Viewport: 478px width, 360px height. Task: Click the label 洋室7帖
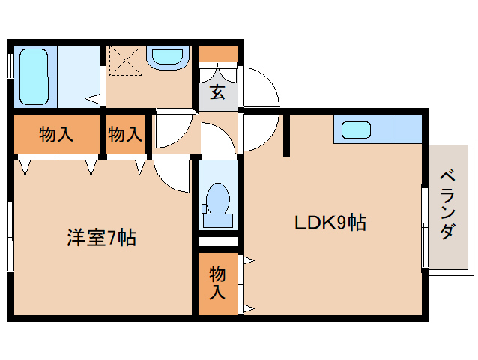[x=101, y=238]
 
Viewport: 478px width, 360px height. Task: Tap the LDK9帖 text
[x=329, y=222]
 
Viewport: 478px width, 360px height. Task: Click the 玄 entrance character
[x=217, y=93]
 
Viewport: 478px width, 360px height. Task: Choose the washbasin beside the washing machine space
[x=166, y=58]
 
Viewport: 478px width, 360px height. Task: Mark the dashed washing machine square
[x=125, y=61]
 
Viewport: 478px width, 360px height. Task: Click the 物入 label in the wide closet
[x=56, y=135]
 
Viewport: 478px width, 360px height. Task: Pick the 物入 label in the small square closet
[x=125, y=135]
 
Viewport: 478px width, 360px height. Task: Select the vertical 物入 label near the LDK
[x=217, y=282]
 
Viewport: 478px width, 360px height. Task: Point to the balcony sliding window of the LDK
[x=424, y=225]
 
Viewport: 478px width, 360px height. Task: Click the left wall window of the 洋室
[x=10, y=235]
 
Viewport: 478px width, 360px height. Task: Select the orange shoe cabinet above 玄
[x=218, y=54]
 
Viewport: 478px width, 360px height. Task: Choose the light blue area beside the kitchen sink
[x=407, y=128]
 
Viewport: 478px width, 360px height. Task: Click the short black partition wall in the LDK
[x=286, y=135]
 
